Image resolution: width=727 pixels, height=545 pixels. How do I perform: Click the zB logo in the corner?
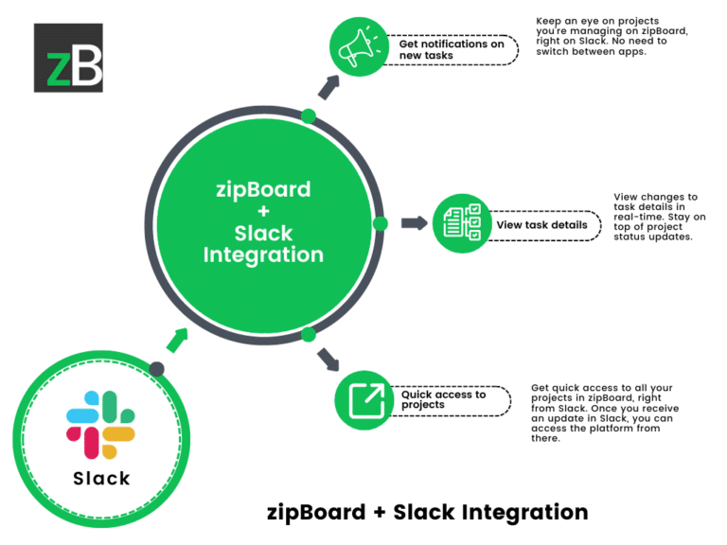68,58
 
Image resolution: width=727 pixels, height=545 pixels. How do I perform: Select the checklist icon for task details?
460,224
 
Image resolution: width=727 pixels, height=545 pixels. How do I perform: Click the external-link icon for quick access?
363,400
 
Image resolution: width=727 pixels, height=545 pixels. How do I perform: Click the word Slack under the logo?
101,478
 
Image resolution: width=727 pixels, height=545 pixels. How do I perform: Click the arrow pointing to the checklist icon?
414,223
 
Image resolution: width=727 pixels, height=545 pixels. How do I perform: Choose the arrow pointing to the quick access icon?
328,359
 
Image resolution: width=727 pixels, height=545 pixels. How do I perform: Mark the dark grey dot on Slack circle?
157,369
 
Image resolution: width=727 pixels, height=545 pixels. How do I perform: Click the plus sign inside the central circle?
260,211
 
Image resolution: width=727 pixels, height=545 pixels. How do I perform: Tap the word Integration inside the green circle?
262,255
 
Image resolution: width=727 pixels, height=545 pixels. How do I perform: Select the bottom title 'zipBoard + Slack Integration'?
426,512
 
